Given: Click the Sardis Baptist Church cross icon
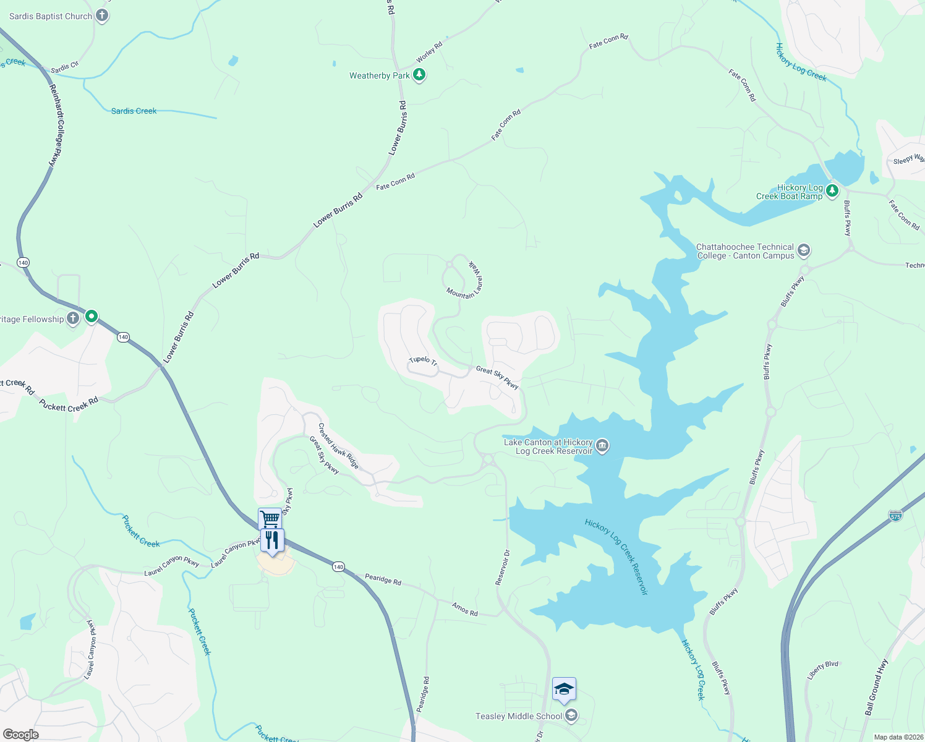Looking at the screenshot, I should click(x=103, y=16).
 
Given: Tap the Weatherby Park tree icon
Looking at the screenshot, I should click(x=419, y=75).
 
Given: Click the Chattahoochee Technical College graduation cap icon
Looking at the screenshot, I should click(x=804, y=250).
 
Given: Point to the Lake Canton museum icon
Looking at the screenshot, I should click(x=602, y=446).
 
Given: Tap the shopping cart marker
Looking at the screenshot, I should click(x=270, y=518).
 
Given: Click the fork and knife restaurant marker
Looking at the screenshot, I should click(x=273, y=540).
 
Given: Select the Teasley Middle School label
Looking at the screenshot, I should click(x=519, y=716).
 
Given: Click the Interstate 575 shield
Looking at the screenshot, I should click(x=895, y=515).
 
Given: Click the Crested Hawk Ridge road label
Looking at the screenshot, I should click(x=338, y=446).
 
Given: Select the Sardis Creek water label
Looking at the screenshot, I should click(x=134, y=111).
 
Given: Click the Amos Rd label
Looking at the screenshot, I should click(x=464, y=609).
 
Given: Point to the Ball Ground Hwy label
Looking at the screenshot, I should click(x=876, y=688).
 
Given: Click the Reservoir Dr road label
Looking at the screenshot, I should click(x=502, y=568).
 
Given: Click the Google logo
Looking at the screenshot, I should click(x=20, y=735).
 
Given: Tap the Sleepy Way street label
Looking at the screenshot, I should click(x=908, y=160).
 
